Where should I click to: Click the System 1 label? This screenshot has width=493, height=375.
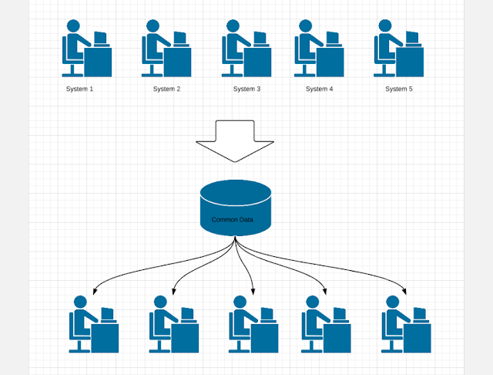pos(79,89)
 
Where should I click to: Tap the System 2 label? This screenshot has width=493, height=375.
pos(166,89)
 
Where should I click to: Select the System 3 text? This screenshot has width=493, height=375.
pos(246,89)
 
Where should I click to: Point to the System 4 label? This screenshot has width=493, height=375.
pos(319,89)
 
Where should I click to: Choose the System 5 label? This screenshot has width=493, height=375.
pos(399,89)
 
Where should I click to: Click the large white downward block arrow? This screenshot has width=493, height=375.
pos(235,140)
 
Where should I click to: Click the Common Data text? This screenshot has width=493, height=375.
pos(232,220)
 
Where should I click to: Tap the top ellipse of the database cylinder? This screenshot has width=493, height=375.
pos(236,191)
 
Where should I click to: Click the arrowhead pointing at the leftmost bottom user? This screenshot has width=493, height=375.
pos(95,292)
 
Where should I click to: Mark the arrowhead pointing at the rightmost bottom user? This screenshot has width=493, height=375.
pos(404,292)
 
